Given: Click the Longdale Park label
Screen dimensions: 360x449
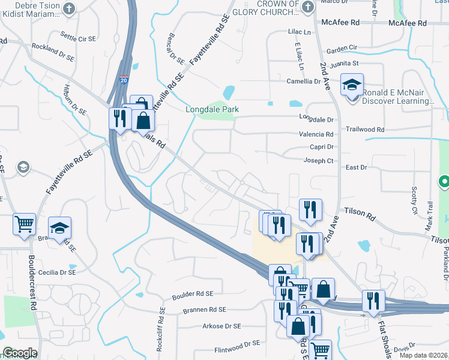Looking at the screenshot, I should (x=212, y=109).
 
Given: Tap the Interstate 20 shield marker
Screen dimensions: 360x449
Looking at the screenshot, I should (x=122, y=79).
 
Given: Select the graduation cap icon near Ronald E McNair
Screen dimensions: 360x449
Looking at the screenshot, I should (x=352, y=85).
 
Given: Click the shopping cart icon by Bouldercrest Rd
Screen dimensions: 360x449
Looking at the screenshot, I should (x=25, y=224).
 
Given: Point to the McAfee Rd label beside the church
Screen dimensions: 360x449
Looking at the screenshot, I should (x=340, y=22).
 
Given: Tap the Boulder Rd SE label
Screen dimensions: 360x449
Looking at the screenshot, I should (x=193, y=294).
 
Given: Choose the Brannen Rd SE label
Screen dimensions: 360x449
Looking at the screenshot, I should (x=205, y=310).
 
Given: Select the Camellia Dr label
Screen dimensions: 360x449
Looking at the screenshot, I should (x=303, y=81).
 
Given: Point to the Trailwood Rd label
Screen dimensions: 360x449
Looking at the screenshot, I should (x=365, y=129).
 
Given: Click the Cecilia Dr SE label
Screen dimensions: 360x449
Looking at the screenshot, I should (x=56, y=272).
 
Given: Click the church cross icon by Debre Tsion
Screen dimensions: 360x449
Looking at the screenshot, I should (x=69, y=8).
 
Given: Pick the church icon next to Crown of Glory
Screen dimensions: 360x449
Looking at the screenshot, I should (x=308, y=7).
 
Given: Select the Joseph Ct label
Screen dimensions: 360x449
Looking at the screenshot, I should (x=318, y=161).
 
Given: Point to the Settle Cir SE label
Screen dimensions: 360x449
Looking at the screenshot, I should (x=78, y=38).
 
